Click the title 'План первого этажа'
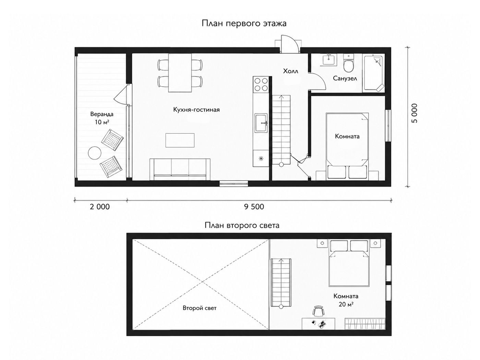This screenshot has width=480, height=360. pyautogui.click(x=244, y=24)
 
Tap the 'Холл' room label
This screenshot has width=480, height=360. pyautogui.click(x=290, y=71)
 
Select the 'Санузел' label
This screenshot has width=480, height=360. pyautogui.click(x=345, y=78)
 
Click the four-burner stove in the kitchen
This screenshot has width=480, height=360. pyautogui.click(x=261, y=84)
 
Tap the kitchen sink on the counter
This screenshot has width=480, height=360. pyautogui.click(x=261, y=123)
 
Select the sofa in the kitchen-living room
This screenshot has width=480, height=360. pyautogui.click(x=180, y=170)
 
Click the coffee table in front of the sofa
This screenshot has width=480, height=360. pyautogui.click(x=180, y=140)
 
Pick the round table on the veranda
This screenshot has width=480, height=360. pyautogui.click(x=95, y=153)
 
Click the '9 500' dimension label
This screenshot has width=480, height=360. pyautogui.click(x=254, y=207)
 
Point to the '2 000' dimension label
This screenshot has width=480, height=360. pyautogui.click(x=100, y=207)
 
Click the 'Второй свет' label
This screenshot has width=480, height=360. pyautogui.click(x=200, y=308)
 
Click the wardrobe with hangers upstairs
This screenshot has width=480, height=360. pyautogui.click(x=365, y=324)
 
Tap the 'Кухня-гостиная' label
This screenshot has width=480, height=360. pyautogui.click(x=196, y=110)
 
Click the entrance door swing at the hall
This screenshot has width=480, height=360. pyautogui.click(x=289, y=44)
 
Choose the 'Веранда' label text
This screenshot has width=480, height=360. pyautogui.click(x=102, y=114)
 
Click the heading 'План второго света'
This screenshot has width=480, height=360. pyautogui.click(x=242, y=225)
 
